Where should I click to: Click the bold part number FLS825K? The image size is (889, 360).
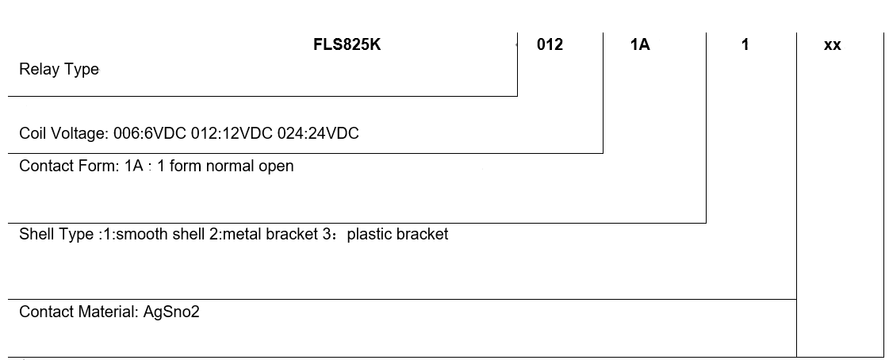pyautogui.click(x=347, y=45)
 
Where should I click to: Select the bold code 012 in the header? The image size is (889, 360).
pyautogui.click(x=550, y=45)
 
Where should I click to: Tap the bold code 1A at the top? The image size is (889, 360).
pyautogui.click(x=640, y=45)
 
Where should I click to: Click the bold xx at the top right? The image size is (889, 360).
pyautogui.click(x=832, y=45)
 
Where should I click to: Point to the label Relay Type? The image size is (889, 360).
pyautogui.click(x=59, y=70)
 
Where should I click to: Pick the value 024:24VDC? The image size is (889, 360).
pyautogui.click(x=318, y=134)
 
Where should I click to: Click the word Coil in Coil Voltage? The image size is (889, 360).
pyautogui.click(x=33, y=134)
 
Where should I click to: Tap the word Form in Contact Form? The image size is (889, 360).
pyautogui.click(x=98, y=167)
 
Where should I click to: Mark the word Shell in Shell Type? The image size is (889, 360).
pyautogui.click(x=36, y=235)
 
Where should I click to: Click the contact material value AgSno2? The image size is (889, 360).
pyautogui.click(x=171, y=312)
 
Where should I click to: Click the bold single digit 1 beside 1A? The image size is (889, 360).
pyautogui.click(x=745, y=45)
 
